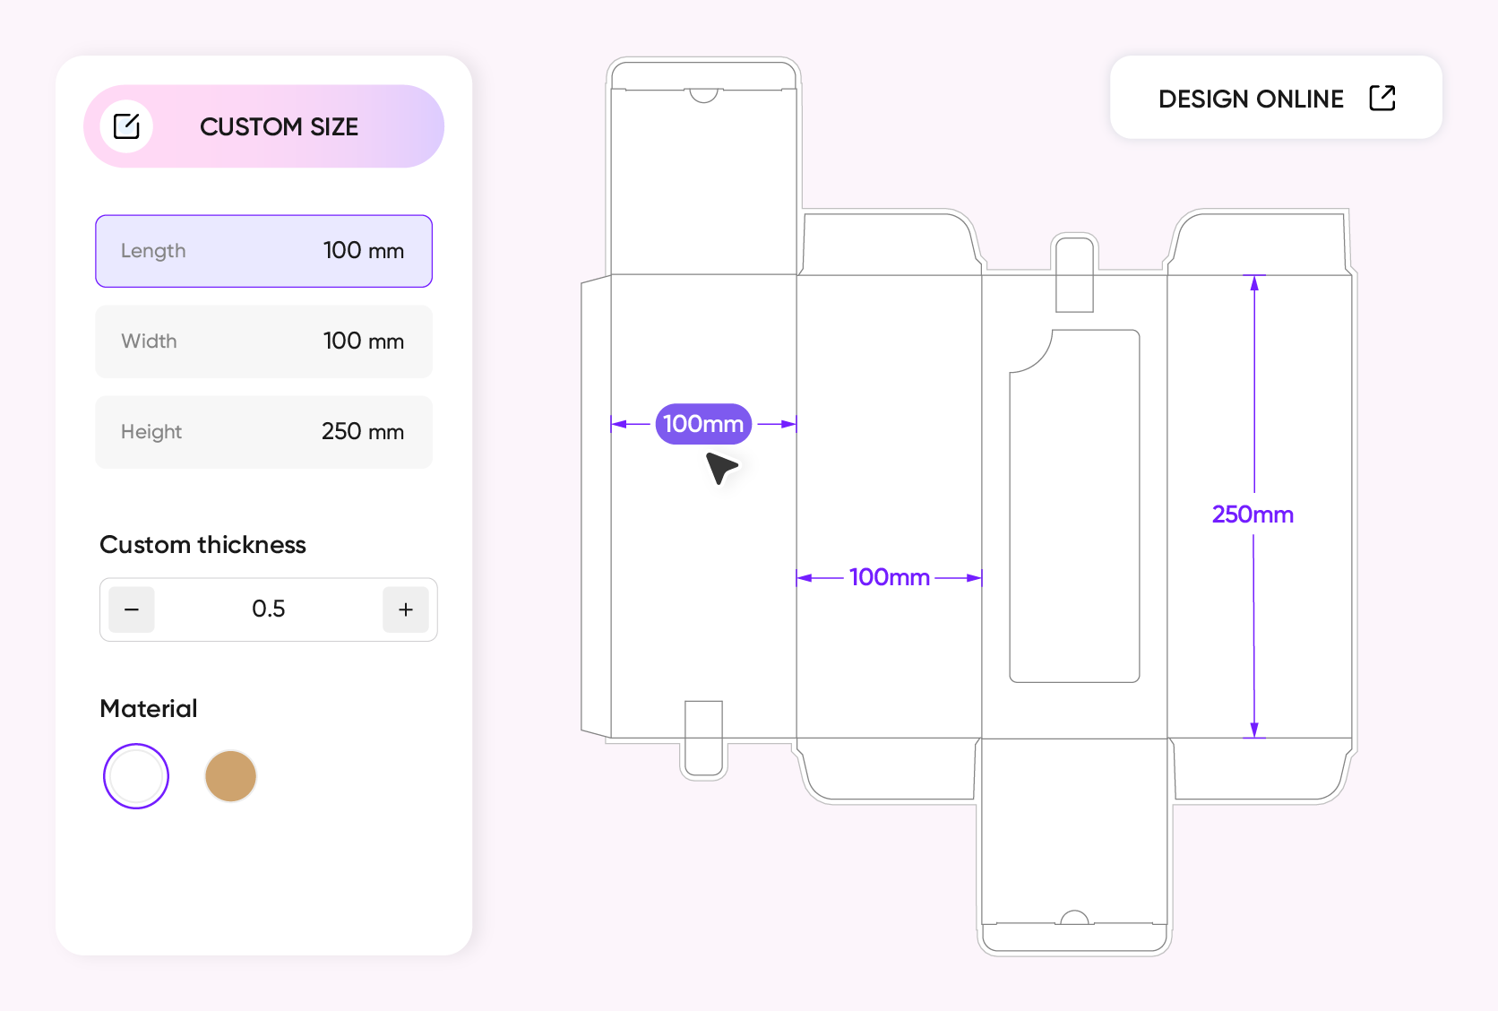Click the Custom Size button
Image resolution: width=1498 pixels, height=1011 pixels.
point(263,126)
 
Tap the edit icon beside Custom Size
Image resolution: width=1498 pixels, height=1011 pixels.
point(126,126)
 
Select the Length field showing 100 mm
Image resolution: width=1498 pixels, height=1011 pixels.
point(263,251)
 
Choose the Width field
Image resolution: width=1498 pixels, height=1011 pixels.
point(263,341)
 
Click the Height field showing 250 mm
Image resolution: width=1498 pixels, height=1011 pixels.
point(263,432)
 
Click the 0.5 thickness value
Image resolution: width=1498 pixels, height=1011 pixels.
point(268,609)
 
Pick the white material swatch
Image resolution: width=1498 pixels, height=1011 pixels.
point(136,776)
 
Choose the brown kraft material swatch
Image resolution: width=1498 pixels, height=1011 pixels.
point(231,776)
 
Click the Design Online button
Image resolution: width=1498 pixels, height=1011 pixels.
point(1276,98)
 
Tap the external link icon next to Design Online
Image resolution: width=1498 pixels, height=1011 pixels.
point(1382,98)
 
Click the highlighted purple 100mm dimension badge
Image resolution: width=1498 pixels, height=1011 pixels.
point(703,424)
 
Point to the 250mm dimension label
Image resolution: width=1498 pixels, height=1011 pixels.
point(1253,514)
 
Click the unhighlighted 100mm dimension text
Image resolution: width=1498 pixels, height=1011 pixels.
point(890,577)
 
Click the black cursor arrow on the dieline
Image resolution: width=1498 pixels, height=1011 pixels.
point(721,468)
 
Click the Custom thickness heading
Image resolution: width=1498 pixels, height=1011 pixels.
point(202,545)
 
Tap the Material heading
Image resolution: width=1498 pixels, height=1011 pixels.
point(149,709)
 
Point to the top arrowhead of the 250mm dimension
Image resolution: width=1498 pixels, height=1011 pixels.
point(1254,283)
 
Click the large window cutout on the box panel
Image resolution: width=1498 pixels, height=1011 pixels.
point(1075,505)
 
